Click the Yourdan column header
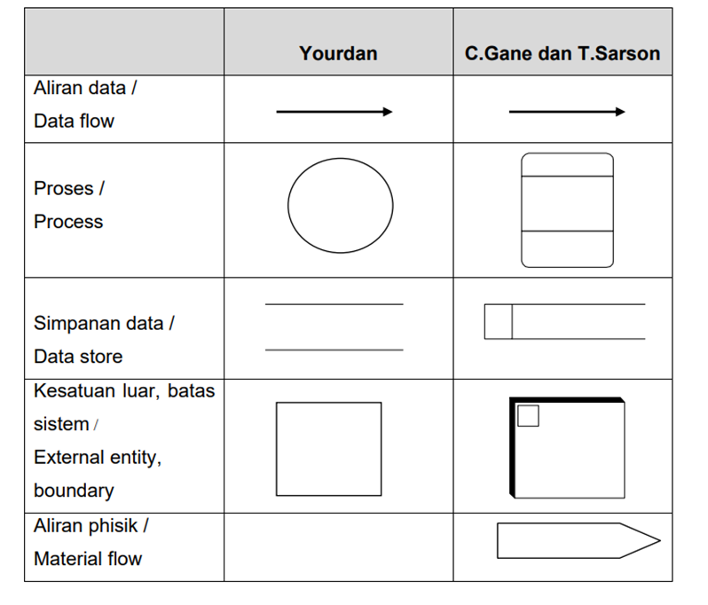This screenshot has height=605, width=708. pyautogui.click(x=338, y=53)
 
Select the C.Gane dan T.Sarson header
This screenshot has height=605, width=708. pyautogui.click(x=562, y=53)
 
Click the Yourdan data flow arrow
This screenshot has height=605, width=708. pyautogui.click(x=334, y=112)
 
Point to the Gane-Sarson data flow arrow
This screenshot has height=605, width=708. pyautogui.click(x=566, y=112)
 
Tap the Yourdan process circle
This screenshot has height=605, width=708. pyautogui.click(x=340, y=205)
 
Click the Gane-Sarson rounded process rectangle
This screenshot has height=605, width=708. pyautogui.click(x=567, y=210)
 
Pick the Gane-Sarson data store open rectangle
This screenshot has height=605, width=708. pyautogui.click(x=564, y=321)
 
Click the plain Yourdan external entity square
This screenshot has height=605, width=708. pyautogui.click(x=328, y=449)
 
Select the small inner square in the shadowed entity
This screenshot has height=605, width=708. pyautogui.click(x=528, y=415)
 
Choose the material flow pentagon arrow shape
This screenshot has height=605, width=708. pyautogui.click(x=578, y=540)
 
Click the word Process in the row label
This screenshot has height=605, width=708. pyautogui.click(x=68, y=222)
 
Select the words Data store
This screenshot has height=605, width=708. pyautogui.click(x=78, y=357)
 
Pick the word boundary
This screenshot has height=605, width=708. pyautogui.click(x=74, y=490)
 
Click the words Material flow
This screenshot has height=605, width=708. pyautogui.click(x=88, y=559)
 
